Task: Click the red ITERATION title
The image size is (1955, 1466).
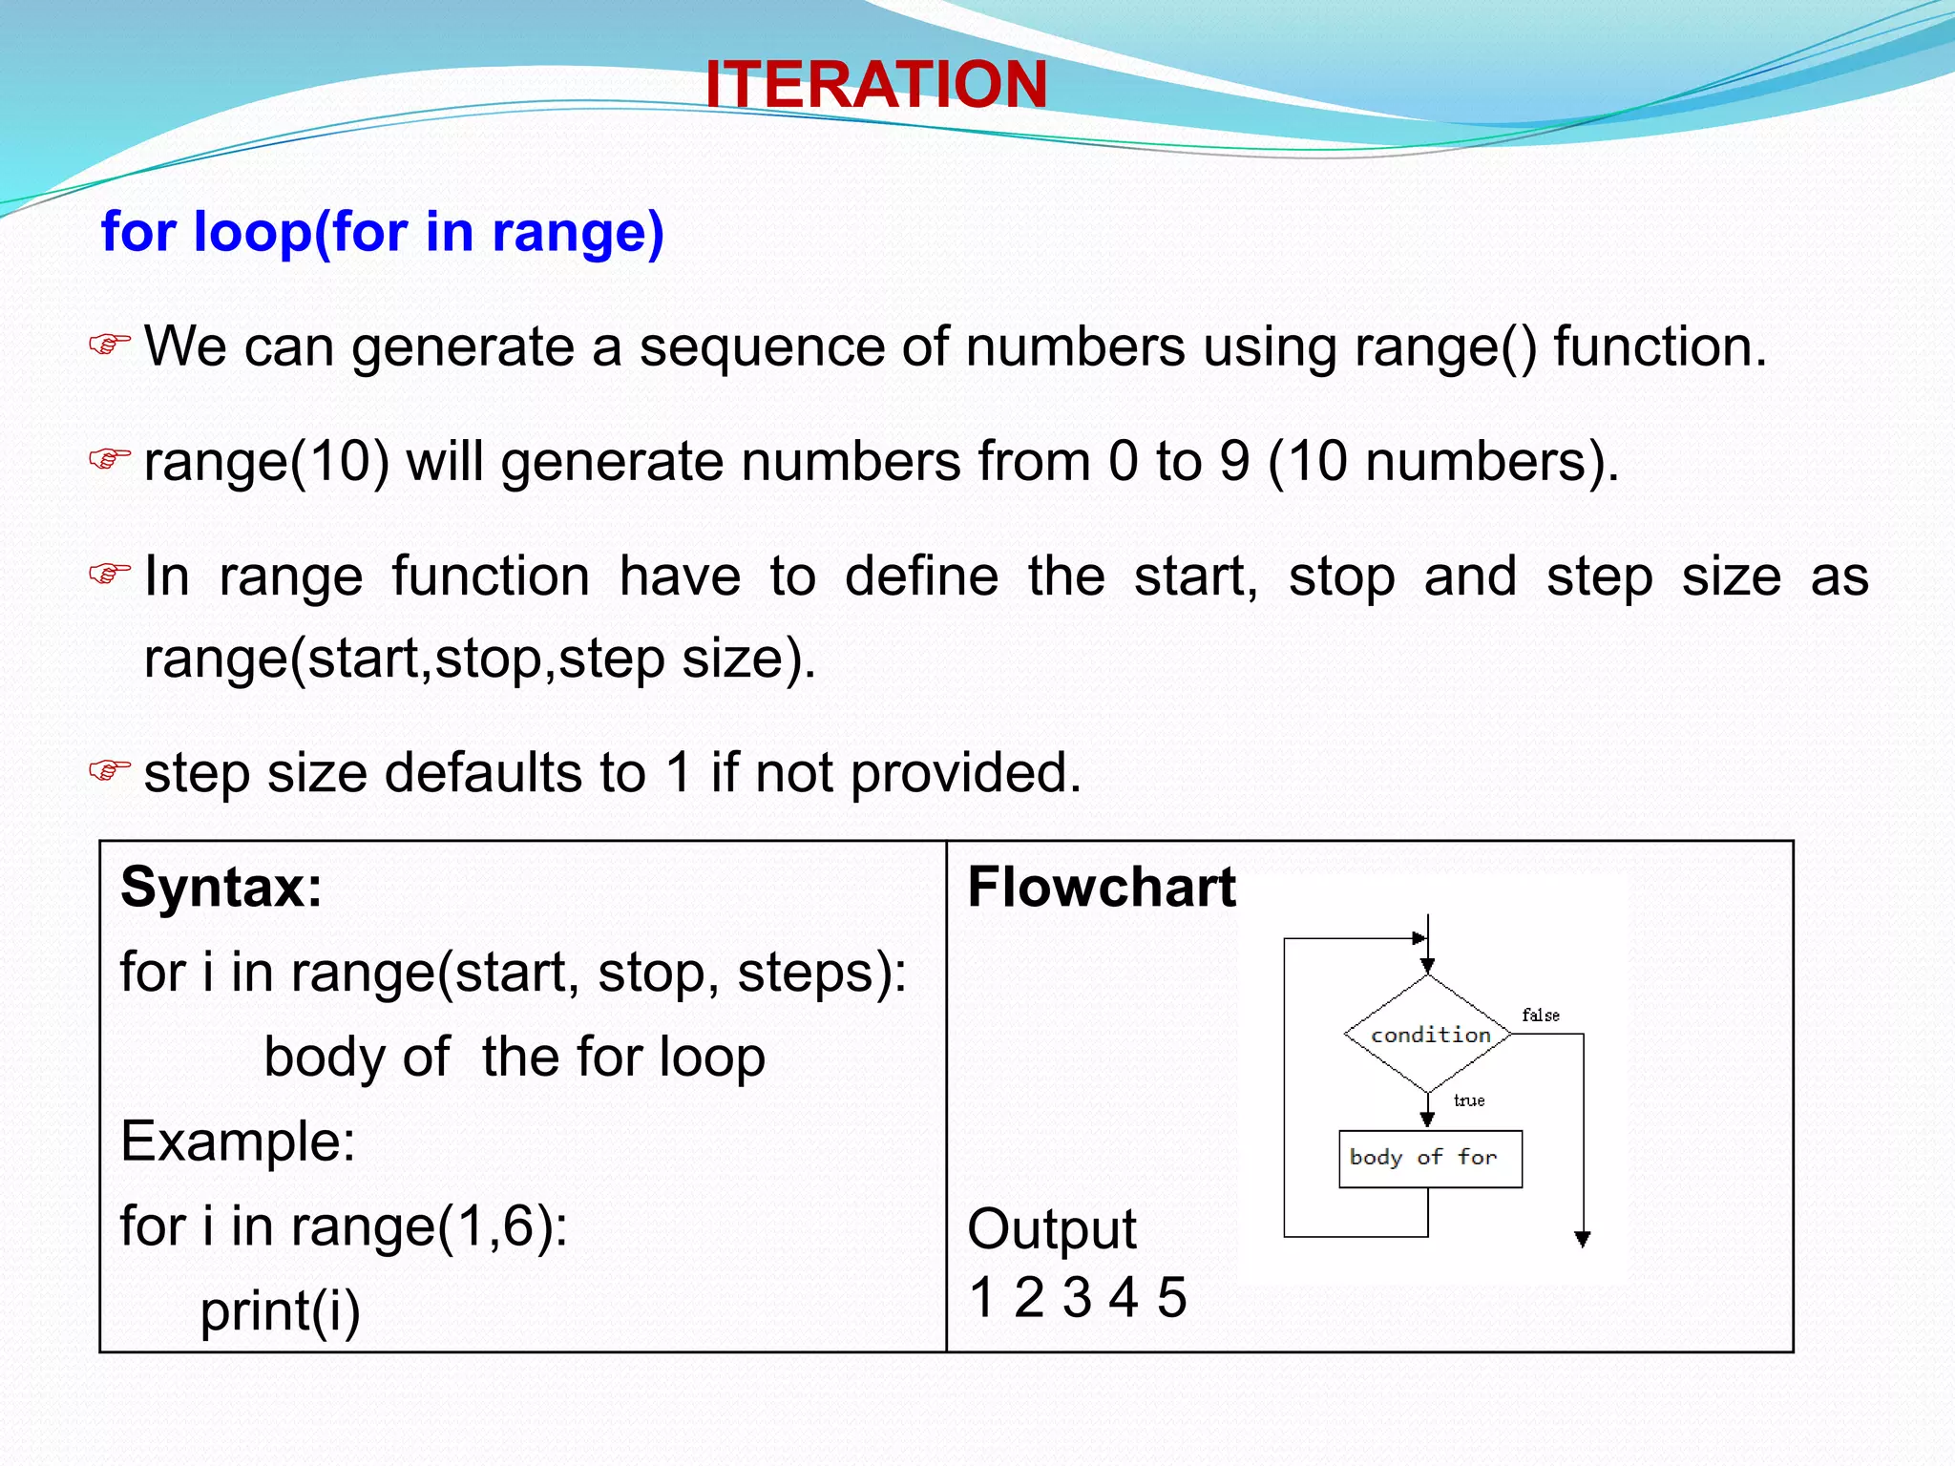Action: pyautogui.click(x=875, y=84)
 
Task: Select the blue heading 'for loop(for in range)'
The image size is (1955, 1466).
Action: pyautogui.click(x=382, y=232)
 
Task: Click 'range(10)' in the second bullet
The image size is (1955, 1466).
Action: pyautogui.click(x=266, y=462)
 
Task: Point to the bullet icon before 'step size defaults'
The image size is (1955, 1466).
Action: pyautogui.click(x=109, y=769)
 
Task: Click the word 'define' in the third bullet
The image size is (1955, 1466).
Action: pyautogui.click(x=920, y=576)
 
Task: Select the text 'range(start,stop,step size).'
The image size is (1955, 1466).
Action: pyautogui.click(x=479, y=659)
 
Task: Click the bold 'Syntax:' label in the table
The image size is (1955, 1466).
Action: pyautogui.click(x=221, y=888)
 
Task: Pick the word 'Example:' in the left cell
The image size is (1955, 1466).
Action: pyautogui.click(x=238, y=1141)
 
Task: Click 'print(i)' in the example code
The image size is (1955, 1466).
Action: pyautogui.click(x=280, y=1310)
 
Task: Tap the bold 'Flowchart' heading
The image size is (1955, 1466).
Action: pyautogui.click(x=1101, y=888)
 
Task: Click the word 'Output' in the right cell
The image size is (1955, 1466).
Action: pyautogui.click(x=1051, y=1228)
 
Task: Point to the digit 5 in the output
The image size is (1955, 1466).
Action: pyautogui.click(x=1171, y=1298)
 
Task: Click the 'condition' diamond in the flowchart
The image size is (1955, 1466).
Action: pyautogui.click(x=1428, y=1035)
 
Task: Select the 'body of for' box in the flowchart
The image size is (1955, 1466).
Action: pyautogui.click(x=1429, y=1159)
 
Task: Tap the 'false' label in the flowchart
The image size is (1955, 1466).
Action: pyautogui.click(x=1540, y=1016)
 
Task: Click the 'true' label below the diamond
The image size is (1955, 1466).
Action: pyautogui.click(x=1468, y=1100)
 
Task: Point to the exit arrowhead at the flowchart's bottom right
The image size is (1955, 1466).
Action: pyautogui.click(x=1582, y=1239)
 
